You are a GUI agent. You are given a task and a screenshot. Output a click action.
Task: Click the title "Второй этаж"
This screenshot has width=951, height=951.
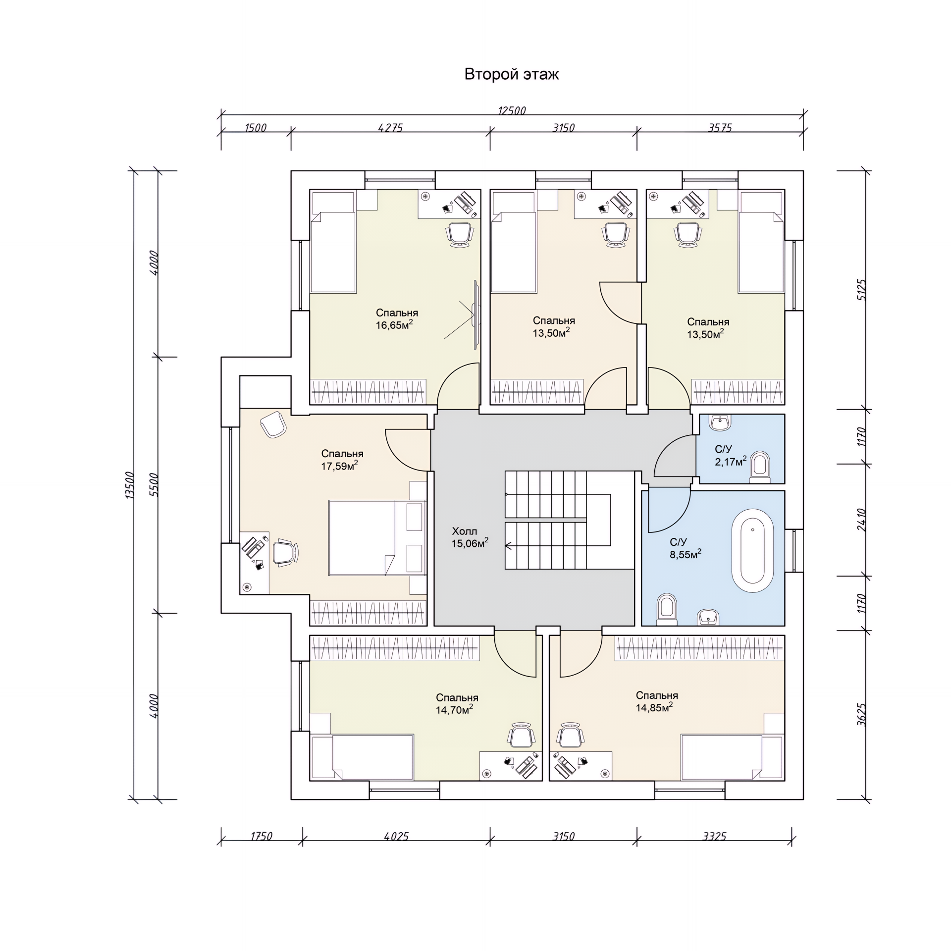pos(511,74)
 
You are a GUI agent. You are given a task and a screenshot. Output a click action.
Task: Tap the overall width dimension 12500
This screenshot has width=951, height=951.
pos(512,110)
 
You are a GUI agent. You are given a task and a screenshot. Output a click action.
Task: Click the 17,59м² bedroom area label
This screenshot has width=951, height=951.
pos(339,466)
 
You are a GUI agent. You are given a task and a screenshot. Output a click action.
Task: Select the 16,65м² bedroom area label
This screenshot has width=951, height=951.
pos(394,325)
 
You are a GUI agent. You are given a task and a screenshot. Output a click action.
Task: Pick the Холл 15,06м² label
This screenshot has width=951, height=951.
pos(469,537)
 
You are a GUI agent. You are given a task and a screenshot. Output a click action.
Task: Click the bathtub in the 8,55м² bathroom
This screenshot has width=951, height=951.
pos(752,555)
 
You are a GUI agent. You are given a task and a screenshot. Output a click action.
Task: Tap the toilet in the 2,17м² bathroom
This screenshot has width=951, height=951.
pos(760,466)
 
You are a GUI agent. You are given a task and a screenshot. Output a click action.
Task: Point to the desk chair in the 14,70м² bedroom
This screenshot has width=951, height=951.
pos(521,735)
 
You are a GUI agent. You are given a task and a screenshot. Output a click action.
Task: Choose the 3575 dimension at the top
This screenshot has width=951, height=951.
pos(720,128)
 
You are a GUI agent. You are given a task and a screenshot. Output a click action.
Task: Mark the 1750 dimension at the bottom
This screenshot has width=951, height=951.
pos(261,836)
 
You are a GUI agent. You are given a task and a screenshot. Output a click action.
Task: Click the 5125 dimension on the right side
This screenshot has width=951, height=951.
pos(861,290)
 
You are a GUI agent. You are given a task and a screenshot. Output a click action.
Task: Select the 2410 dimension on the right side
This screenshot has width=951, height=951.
pos(861,520)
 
